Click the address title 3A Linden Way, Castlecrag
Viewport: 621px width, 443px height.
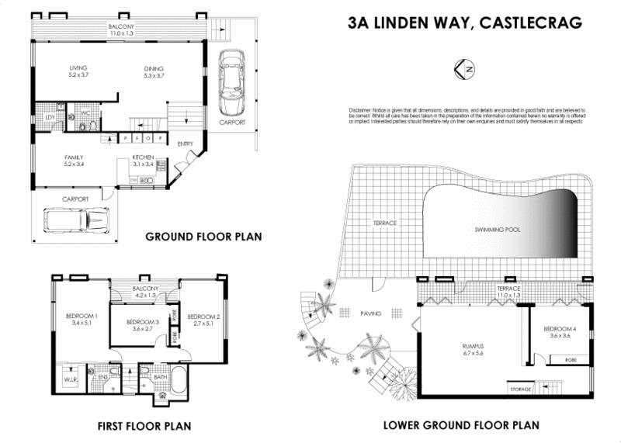[464, 22]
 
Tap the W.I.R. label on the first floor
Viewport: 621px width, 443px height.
[69, 380]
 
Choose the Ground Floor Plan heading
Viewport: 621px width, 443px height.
[204, 236]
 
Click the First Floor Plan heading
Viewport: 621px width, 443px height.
[144, 426]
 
